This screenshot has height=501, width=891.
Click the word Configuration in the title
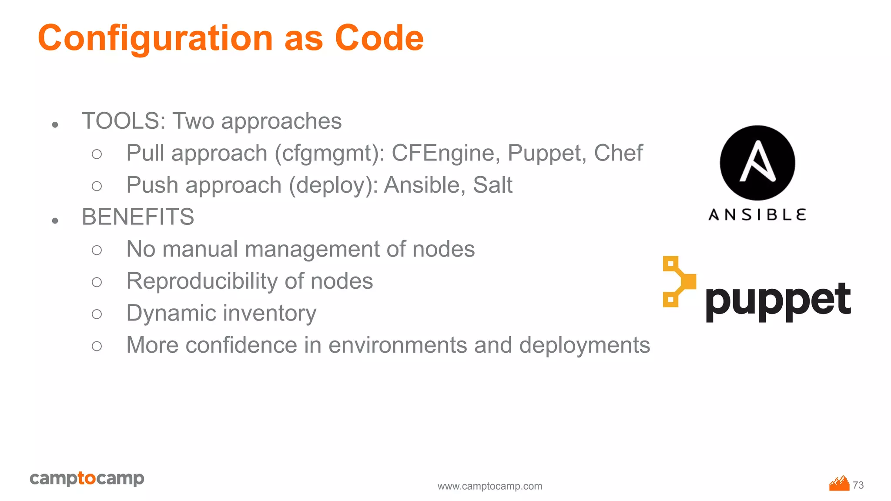(155, 38)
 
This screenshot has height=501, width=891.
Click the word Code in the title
(379, 38)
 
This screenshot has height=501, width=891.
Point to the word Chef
(618, 153)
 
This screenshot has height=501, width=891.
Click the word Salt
(492, 185)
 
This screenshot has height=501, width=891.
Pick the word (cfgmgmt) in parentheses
(329, 154)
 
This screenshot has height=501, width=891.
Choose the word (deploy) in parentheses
(334, 186)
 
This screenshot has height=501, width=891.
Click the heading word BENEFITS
(138, 217)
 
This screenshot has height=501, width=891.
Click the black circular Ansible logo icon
(757, 163)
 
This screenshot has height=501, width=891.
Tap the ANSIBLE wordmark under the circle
(757, 215)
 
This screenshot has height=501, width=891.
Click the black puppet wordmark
(778, 301)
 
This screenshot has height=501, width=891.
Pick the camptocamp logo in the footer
(87, 478)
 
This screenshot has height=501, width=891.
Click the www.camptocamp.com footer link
(490, 486)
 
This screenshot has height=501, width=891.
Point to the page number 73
(858, 485)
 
